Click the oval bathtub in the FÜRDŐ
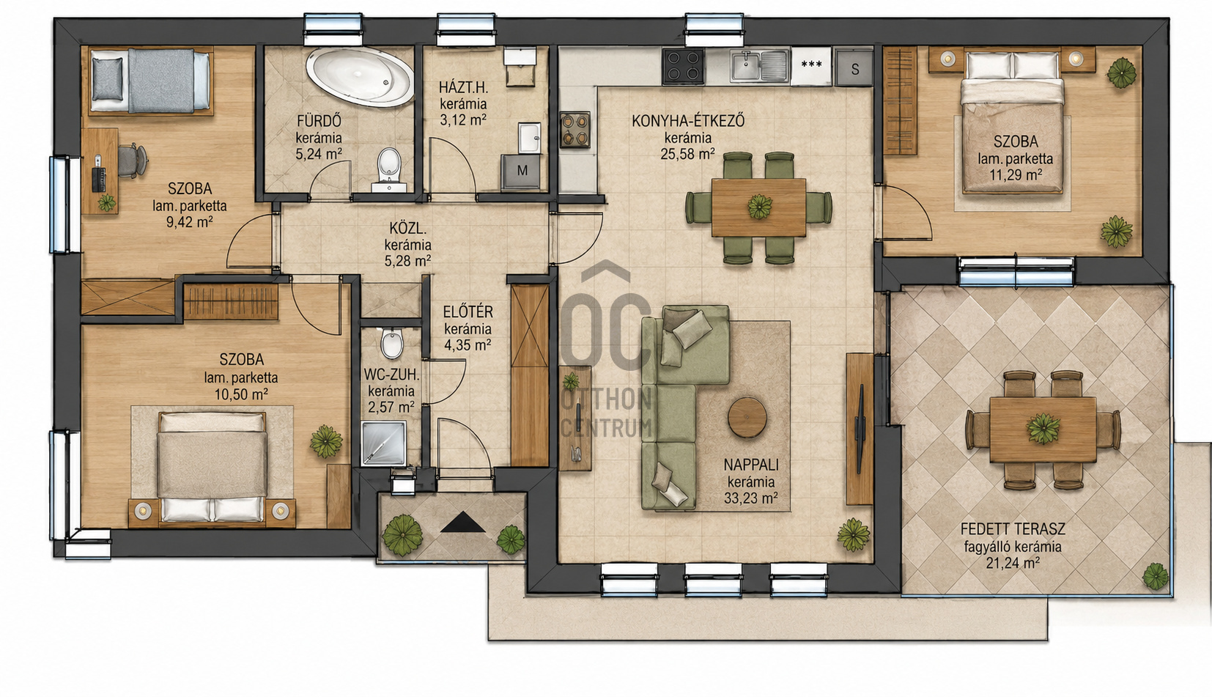359,78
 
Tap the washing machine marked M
521,172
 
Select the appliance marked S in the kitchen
854,67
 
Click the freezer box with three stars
811,66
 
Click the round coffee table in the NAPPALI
747,417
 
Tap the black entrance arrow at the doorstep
462,523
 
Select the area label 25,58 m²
687,154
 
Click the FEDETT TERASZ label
1013,528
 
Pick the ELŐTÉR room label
468,311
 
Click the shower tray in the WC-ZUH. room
384,443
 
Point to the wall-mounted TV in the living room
860,429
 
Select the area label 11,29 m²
1015,175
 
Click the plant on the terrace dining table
1043,429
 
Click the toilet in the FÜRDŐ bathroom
389,169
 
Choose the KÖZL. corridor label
407,228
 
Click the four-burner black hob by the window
684,67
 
